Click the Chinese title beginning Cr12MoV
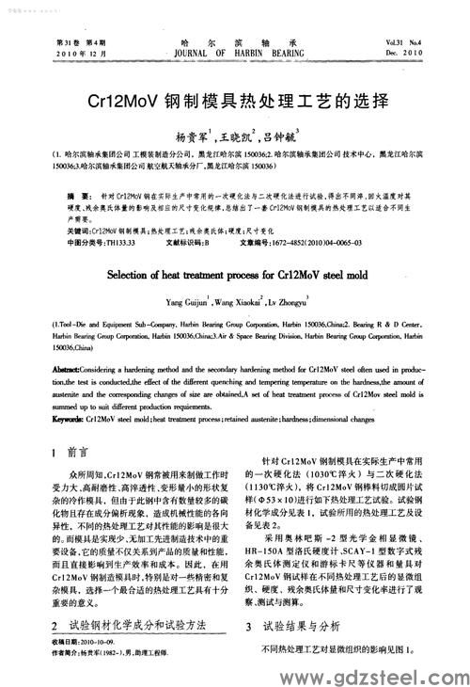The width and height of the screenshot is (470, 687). (x=235, y=97)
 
